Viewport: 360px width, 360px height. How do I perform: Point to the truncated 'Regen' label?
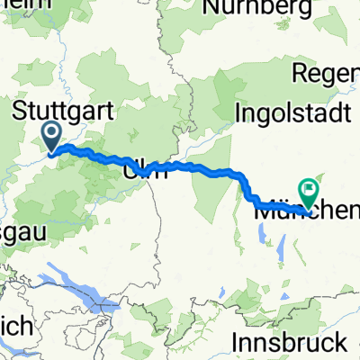tap(335, 71)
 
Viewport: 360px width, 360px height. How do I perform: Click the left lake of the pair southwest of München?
tap(262, 234)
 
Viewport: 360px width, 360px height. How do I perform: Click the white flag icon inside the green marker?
tap(310, 188)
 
